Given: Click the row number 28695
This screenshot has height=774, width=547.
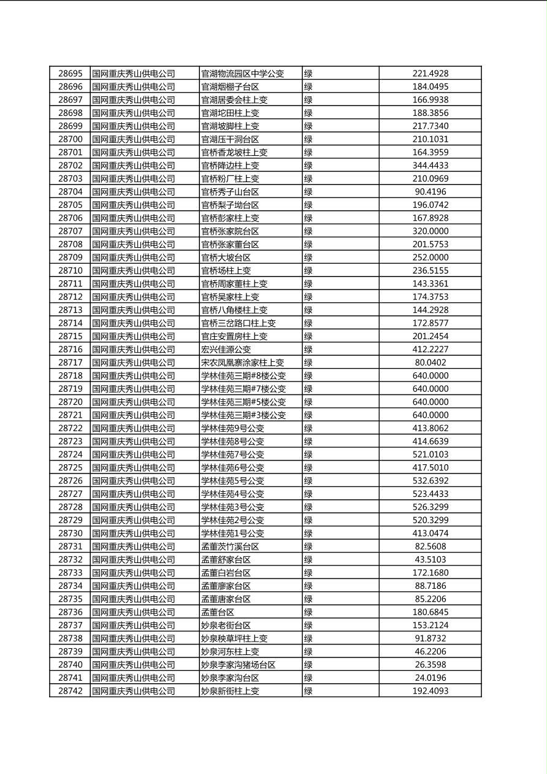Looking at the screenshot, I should point(70,74).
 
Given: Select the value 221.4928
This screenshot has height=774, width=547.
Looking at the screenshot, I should point(430,74).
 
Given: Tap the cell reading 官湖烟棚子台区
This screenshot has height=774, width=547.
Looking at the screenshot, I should point(230,86).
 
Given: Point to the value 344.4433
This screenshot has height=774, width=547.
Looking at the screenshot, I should point(430,166).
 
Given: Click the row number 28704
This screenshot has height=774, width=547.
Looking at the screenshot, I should point(70,192).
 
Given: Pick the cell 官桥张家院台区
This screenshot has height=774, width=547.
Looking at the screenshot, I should point(230,231).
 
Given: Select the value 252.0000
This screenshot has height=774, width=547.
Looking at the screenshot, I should point(430,258).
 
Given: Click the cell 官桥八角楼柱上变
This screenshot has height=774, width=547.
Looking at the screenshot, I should point(234,310).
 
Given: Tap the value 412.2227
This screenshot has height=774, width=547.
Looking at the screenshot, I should point(430,350).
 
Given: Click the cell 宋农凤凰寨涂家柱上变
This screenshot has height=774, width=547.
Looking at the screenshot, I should point(242,362).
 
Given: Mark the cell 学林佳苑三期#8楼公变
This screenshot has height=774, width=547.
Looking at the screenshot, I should point(243,376).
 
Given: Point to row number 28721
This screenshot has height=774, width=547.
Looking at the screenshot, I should point(70,415).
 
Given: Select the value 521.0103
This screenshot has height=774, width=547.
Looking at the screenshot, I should point(430,454).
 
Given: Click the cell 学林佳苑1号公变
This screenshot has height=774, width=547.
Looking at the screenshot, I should point(232,534).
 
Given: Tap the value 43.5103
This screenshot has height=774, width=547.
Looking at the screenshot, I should point(430,559).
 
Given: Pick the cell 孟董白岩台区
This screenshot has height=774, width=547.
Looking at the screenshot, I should point(226,573).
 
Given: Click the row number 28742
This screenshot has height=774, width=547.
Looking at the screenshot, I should point(70,691).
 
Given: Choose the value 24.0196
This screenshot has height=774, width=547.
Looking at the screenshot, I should point(430,678).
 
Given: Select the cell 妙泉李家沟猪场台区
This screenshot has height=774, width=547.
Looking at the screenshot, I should point(238,665).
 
